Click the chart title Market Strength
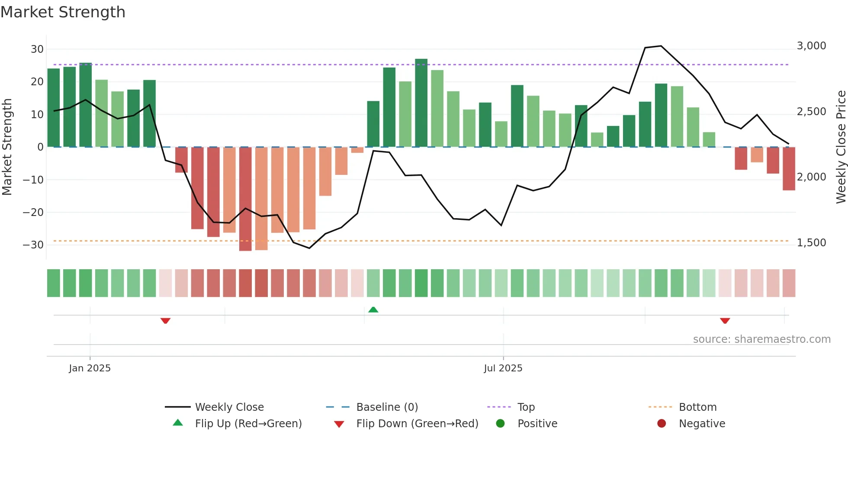[63, 12]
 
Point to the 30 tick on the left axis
[37, 49]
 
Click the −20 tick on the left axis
[33, 213]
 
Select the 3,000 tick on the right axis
[811, 46]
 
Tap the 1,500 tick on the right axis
[811, 243]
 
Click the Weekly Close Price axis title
[841, 147]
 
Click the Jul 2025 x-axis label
[503, 368]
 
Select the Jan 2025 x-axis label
[90, 368]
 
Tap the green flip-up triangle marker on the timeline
[373, 309]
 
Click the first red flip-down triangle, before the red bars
[165, 321]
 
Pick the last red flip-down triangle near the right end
[725, 321]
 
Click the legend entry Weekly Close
[229, 407]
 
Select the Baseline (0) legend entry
[387, 407]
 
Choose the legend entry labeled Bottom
[697, 407]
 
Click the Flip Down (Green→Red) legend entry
[417, 424]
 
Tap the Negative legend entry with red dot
[701, 424]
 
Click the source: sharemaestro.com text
[761, 339]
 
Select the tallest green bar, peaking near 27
[421, 103]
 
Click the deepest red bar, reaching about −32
[245, 199]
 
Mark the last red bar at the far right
[789, 169]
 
